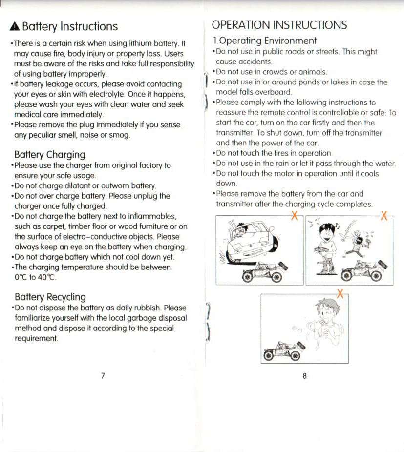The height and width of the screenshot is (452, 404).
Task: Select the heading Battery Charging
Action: pos(49,155)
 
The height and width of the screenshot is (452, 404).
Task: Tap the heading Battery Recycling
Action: pos(50,297)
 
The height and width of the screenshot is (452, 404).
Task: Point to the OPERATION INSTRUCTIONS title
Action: pos(279,25)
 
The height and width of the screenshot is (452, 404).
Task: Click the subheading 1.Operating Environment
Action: pos(264,41)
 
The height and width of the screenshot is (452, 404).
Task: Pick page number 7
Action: pos(103,375)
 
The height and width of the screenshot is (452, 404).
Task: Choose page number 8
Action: pos(304,376)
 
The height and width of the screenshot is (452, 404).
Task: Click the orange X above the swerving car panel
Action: pos(294,215)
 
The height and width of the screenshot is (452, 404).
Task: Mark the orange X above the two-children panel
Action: pos(384,215)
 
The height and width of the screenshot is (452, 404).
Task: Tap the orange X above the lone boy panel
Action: pos(340,293)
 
